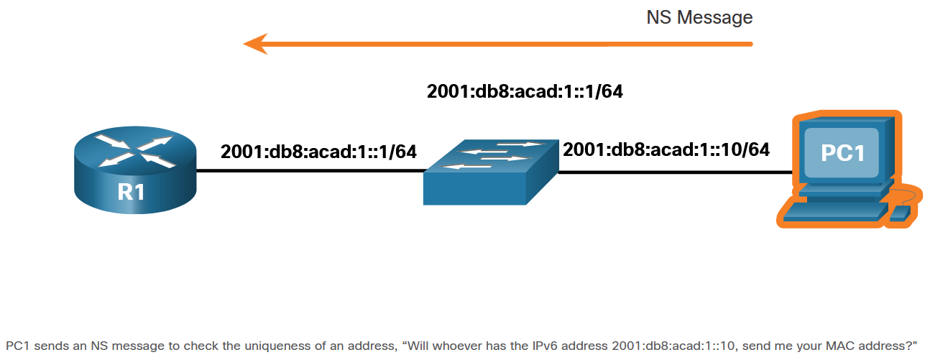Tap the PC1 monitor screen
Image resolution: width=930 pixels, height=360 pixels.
coord(842,153)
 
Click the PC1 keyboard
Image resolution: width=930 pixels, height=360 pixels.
coord(834,210)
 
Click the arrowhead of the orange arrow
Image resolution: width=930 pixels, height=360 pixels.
coord(255,44)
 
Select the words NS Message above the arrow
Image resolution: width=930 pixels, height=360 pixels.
coord(699,17)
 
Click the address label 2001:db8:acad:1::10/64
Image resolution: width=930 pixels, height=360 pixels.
coord(666,149)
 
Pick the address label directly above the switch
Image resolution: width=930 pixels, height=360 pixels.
coord(524,92)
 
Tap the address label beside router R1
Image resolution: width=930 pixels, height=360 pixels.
coord(318,152)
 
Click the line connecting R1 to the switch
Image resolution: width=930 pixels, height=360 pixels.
coord(309,171)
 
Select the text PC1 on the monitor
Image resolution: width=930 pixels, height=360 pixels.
coord(842,153)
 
